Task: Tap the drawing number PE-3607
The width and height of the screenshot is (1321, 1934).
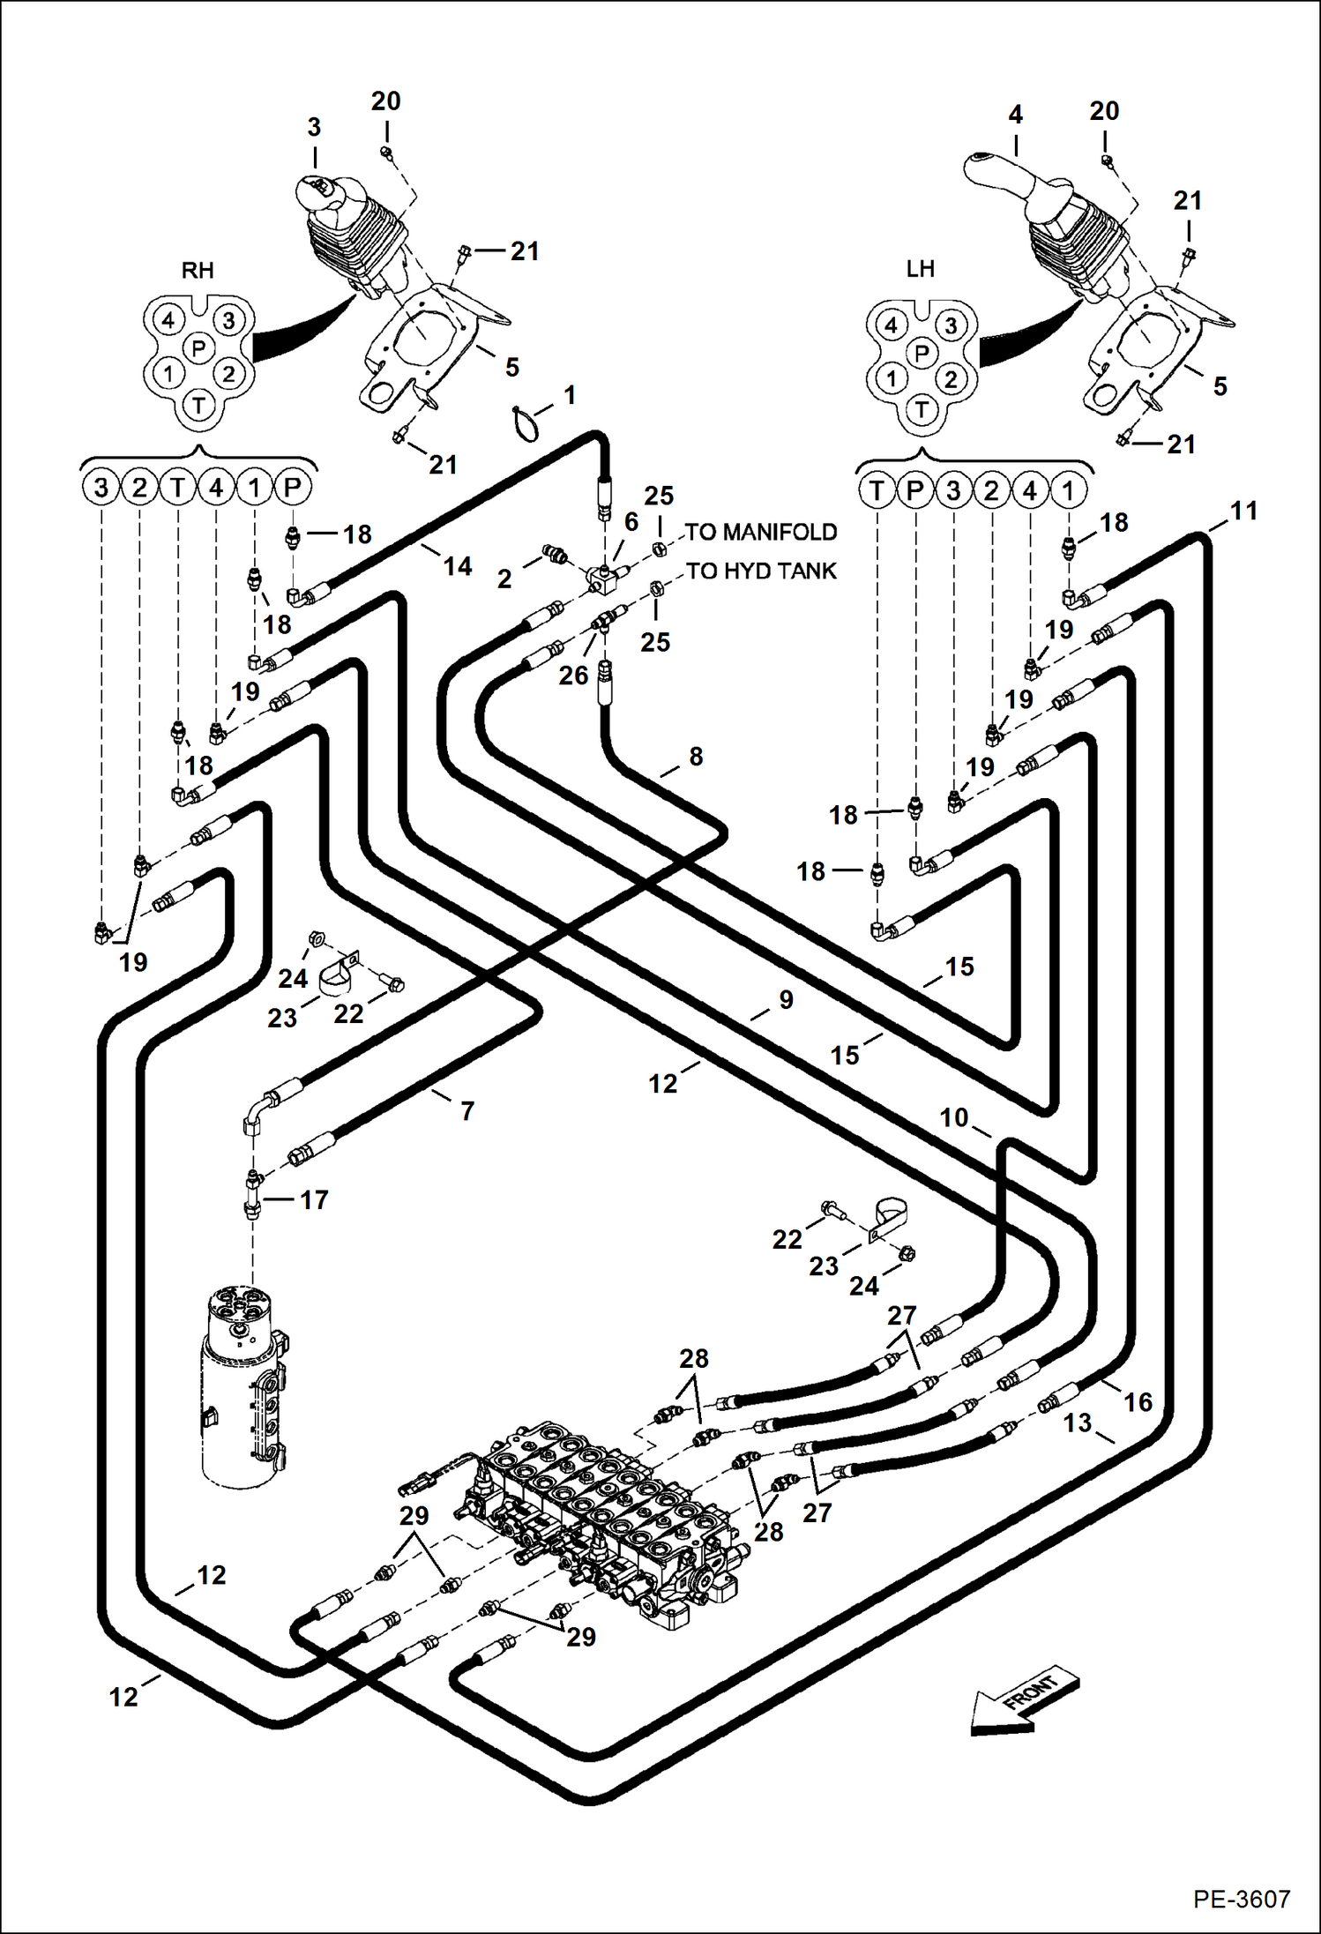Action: click(1242, 1899)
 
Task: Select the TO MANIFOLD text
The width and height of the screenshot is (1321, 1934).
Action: click(760, 532)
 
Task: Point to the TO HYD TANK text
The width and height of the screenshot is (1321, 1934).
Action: click(760, 571)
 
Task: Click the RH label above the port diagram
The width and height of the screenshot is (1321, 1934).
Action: click(198, 270)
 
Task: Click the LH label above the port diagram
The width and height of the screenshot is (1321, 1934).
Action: click(920, 268)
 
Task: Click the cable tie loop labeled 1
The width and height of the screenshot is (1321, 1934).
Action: click(525, 422)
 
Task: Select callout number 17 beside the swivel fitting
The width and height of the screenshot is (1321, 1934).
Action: click(313, 1199)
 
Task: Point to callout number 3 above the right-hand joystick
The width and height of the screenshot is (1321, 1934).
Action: click(314, 127)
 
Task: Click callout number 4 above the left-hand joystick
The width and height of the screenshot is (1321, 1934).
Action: click(1015, 115)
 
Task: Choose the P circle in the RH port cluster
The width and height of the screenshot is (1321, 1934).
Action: click(198, 348)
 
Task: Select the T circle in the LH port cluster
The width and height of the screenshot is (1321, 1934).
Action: click(922, 409)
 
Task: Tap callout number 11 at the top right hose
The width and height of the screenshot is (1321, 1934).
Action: click(1243, 511)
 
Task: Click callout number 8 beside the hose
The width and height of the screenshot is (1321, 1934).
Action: click(696, 756)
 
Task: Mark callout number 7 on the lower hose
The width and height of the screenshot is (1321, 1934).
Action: click(467, 1110)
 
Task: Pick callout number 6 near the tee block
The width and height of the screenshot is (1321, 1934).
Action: click(631, 521)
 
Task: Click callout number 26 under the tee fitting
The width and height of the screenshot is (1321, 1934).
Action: click(573, 675)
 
